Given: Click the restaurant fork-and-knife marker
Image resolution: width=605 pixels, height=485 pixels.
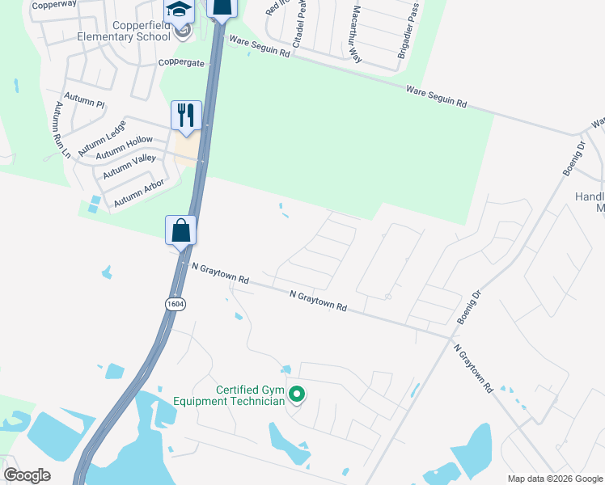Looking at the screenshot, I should (x=186, y=115).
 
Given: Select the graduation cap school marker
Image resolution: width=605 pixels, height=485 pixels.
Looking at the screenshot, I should (x=180, y=11).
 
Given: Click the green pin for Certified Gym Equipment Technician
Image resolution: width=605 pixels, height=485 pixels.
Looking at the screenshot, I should (x=297, y=394).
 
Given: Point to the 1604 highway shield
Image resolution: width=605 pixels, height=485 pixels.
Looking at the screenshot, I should (x=174, y=303).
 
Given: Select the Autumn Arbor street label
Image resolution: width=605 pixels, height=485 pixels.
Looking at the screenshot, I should (x=139, y=192).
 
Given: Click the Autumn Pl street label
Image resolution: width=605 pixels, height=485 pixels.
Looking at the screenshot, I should (x=90, y=104).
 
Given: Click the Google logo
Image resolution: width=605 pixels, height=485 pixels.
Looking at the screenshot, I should (x=27, y=475).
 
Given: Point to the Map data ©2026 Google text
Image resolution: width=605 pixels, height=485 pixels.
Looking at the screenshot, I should (x=555, y=479).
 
